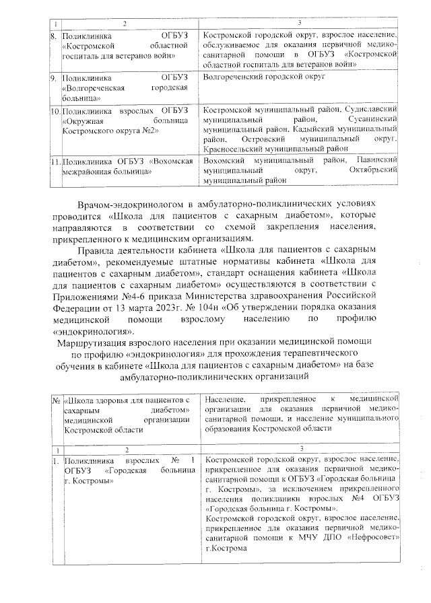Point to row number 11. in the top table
pyautogui.click(x=55, y=162)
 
